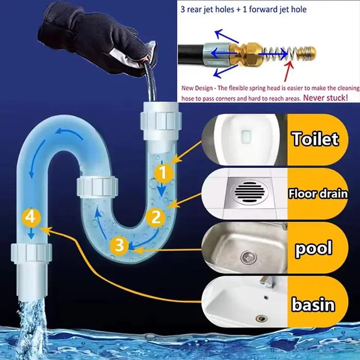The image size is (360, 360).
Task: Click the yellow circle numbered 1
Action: (163, 173)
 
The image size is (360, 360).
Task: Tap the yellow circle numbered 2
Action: (156, 217)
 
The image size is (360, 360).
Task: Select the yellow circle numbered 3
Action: (119, 245)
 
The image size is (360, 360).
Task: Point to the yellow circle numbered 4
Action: (31, 217)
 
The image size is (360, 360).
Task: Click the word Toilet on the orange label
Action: (315, 139)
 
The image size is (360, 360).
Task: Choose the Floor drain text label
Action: (318, 193)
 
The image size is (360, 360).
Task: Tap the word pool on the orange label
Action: (314, 248)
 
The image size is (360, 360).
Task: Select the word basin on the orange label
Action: (313, 304)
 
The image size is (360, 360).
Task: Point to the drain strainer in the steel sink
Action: (248, 257)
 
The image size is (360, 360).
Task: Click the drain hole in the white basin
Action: (261, 318)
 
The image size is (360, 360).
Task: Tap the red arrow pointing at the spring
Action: (289, 71)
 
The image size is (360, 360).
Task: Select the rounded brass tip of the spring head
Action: (307, 54)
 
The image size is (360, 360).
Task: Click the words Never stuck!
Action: (326, 98)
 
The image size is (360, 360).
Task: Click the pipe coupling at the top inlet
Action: (161, 120)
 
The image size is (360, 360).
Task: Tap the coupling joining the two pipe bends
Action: (97, 186)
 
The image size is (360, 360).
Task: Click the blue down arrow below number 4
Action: (31, 233)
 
